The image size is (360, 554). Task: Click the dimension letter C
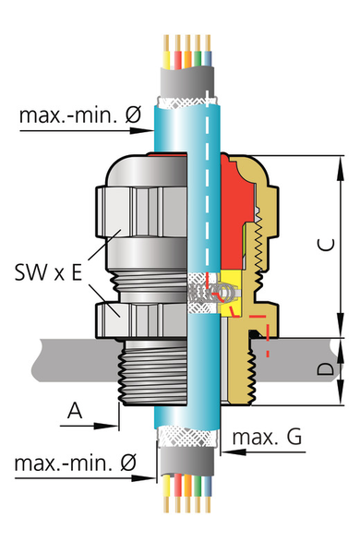327,245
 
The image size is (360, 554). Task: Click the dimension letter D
325,368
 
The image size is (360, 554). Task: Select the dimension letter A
75,411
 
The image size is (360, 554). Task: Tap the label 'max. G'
267,437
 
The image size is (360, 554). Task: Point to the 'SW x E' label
48,272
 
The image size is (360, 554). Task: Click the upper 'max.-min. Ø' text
80,114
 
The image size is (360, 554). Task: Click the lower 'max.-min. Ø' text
76,463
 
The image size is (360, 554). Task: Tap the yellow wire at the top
165,52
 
